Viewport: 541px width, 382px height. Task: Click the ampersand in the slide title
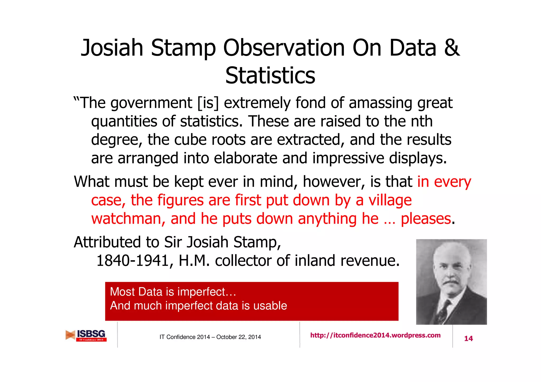[x=452, y=48]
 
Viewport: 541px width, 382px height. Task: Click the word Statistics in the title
[x=270, y=76]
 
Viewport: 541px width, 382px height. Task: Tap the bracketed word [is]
[x=208, y=103]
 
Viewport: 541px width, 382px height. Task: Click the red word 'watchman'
[x=128, y=219]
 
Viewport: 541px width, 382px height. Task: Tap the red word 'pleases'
[x=426, y=219]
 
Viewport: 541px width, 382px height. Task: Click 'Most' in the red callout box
[x=123, y=292]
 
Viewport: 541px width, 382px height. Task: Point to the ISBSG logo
[x=86, y=336]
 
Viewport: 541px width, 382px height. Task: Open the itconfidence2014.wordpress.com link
[x=375, y=335]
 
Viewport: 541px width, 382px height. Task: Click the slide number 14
[x=468, y=338]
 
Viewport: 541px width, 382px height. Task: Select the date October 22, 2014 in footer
[x=239, y=337]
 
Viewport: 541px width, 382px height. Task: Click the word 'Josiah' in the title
[x=112, y=48]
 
